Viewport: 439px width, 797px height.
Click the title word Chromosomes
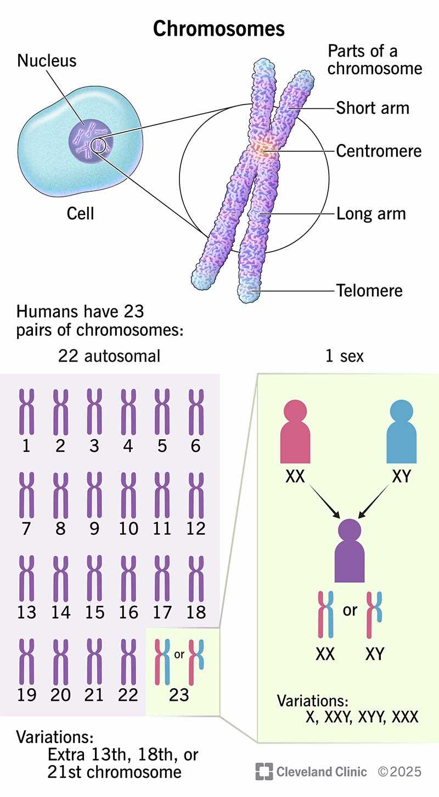[219, 29]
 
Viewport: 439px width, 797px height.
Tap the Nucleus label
[47, 60]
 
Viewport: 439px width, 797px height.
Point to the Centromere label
[379, 151]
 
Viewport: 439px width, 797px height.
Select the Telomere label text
[369, 290]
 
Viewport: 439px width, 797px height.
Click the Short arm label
[373, 108]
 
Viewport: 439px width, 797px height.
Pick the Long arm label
[371, 214]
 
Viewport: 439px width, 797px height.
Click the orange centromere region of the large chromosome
[263, 150]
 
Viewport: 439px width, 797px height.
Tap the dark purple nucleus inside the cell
[91, 140]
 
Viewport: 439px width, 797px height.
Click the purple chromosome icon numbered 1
[26, 412]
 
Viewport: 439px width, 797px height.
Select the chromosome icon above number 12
[196, 495]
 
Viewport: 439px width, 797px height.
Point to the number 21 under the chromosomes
[94, 695]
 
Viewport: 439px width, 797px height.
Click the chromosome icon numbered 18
[196, 579]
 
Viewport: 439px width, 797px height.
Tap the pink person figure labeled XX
[295, 431]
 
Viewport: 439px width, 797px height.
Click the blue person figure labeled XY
[401, 431]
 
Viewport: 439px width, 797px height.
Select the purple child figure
[350, 550]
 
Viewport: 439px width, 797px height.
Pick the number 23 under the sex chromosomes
[179, 695]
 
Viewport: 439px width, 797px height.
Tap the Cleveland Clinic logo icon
[264, 771]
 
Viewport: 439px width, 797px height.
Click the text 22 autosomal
[109, 356]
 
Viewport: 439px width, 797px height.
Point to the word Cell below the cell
[80, 214]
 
